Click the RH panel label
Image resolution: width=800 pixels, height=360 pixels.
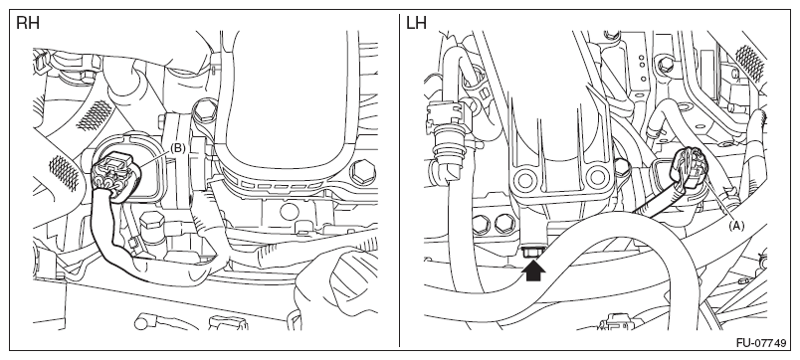[28, 23]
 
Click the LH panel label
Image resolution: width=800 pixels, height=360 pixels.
[417, 23]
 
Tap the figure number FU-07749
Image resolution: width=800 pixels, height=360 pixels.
[761, 343]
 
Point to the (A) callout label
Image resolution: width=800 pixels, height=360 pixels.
[735, 225]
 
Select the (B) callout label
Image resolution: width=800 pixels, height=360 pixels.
[177, 148]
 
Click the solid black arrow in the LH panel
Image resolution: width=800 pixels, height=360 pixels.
[533, 270]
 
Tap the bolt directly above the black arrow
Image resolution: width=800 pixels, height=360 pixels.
[533, 252]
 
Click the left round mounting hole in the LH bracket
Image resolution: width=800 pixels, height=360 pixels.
[525, 179]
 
